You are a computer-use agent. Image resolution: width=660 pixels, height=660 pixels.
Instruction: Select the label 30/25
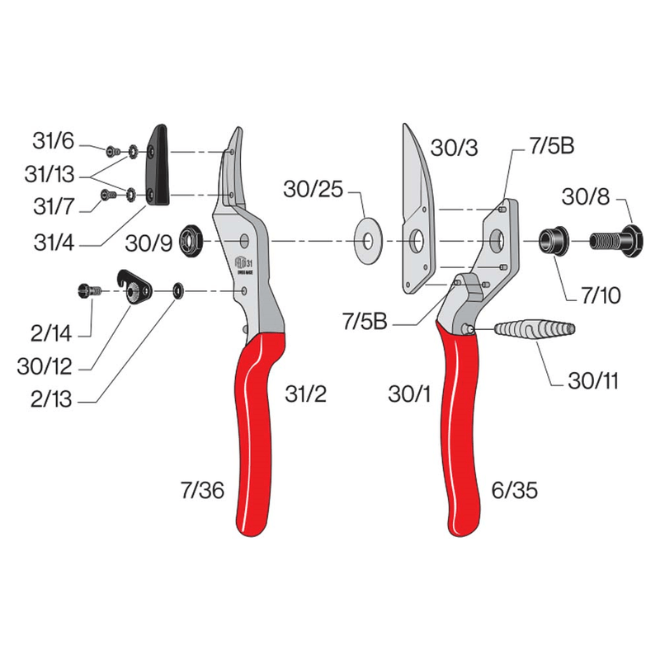click(312, 190)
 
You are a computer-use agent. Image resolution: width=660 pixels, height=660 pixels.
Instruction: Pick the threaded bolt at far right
click(615, 241)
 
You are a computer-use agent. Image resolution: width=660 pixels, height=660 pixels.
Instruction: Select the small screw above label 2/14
click(87, 290)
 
